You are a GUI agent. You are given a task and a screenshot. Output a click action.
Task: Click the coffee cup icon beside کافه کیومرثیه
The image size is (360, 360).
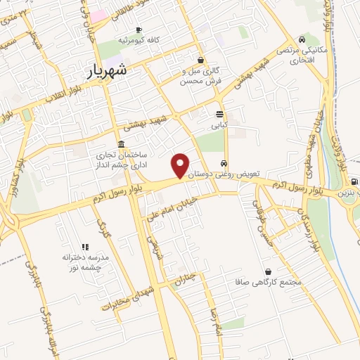click(x=139, y=29)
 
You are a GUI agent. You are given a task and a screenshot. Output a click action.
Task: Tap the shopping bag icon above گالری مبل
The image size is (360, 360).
click(x=201, y=60)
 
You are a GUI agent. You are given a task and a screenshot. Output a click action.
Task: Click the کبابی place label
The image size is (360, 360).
click(x=221, y=126)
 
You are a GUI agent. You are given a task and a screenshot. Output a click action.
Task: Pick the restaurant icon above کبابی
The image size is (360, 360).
click(x=220, y=114)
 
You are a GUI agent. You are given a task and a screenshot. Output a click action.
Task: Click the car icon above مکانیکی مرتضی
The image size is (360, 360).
click(x=302, y=39)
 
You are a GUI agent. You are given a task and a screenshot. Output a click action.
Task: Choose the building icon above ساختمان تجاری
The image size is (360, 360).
click(x=121, y=143)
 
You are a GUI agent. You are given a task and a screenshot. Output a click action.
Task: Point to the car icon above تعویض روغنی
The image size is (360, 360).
click(x=224, y=160)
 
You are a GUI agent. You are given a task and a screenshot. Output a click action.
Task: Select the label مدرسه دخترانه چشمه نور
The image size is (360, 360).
click(x=85, y=262)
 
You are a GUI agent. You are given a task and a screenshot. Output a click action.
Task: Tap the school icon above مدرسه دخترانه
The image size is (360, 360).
click(x=85, y=247)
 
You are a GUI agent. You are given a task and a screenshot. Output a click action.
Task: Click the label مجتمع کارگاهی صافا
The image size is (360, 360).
click(x=269, y=283)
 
